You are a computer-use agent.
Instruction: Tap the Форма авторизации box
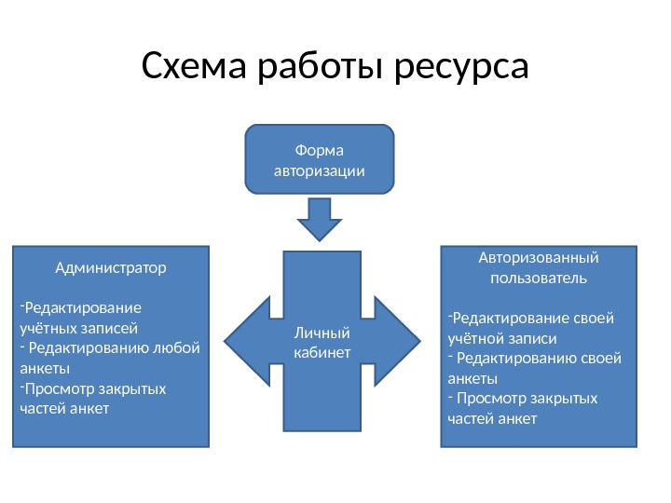tap(319, 159)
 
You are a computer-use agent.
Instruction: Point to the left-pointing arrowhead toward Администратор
tap(248, 340)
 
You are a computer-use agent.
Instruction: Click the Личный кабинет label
tap(321, 342)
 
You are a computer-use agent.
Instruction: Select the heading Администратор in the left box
tap(111, 268)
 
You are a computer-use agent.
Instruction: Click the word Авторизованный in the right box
tap(538, 257)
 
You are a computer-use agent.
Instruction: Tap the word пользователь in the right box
tap(538, 278)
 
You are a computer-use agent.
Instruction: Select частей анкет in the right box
tap(492, 418)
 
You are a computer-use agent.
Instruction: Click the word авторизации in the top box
tap(319, 171)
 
